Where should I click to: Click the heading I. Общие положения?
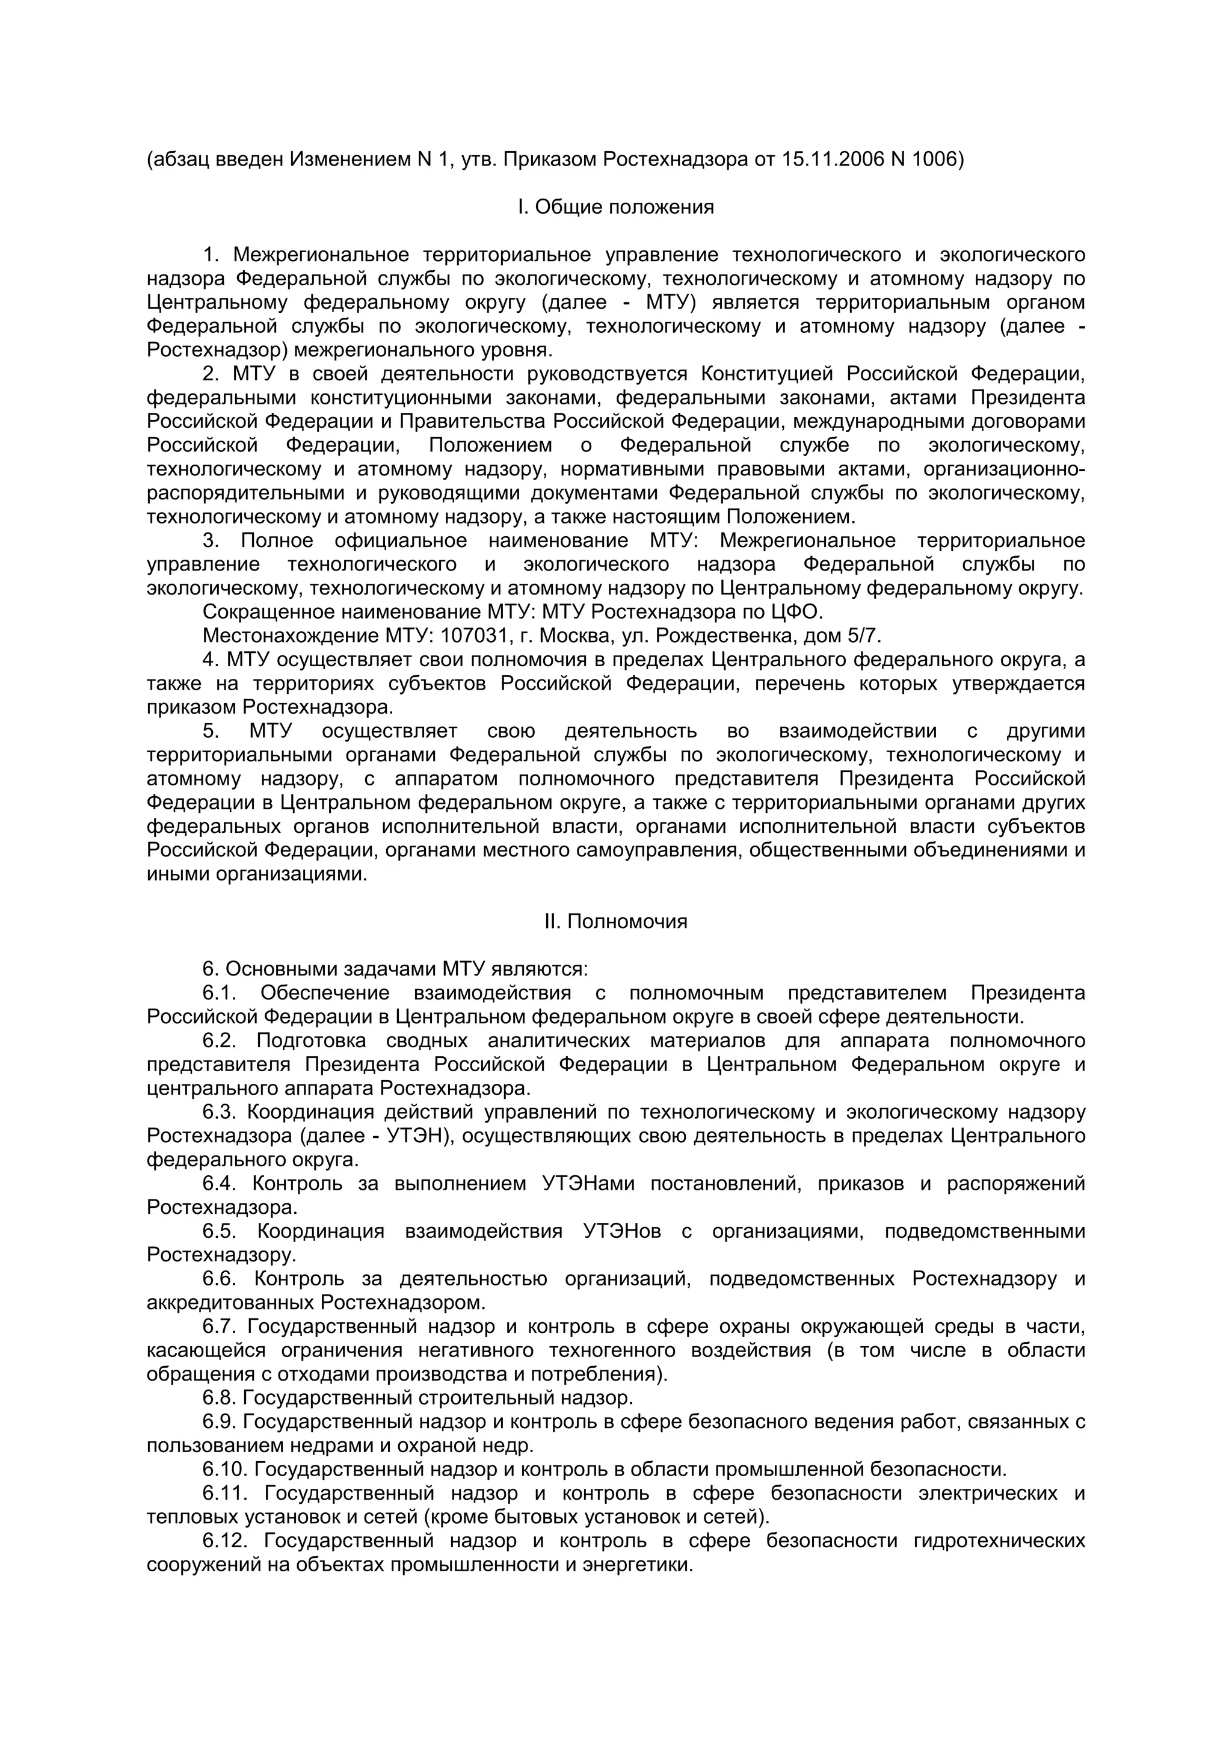615,206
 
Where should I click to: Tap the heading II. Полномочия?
615,921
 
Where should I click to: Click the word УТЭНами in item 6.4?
588,1183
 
